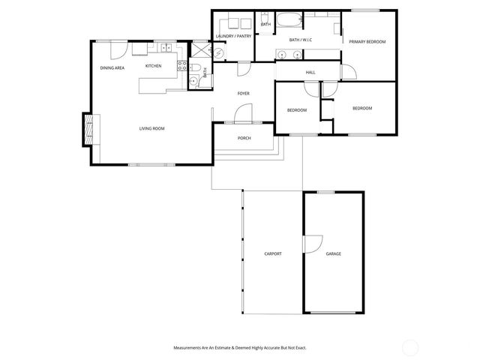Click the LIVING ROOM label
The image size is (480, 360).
pos(151,129)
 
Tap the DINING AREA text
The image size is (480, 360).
pos(112,68)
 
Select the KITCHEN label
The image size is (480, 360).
pos(153,66)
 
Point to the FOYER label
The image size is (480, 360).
pos(243,94)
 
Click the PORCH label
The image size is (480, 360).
pos(244,139)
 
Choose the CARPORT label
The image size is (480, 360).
pos(272,254)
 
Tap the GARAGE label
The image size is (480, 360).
pos(333,254)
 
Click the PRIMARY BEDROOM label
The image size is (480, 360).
pos(367,42)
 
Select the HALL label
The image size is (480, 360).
pos(310,73)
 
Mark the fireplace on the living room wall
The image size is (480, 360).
pos(89,129)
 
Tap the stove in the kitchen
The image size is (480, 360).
pos(181,66)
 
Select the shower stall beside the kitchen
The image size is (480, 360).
pos(201,51)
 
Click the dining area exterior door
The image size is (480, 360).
pos(118,49)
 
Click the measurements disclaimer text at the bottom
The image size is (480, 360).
pos(239,348)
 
